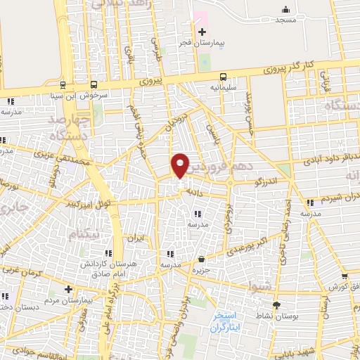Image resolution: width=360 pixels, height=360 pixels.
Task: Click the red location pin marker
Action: pos(181,165)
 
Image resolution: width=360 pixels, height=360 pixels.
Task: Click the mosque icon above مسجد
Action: pos(285,9)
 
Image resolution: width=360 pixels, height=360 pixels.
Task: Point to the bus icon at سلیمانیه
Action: pos(223,77)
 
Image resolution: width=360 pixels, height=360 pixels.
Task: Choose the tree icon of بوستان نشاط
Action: pos(276,306)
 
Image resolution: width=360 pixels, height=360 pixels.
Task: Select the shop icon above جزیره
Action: pos(202,259)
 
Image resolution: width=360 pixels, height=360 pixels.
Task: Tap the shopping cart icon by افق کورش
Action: pos(345,276)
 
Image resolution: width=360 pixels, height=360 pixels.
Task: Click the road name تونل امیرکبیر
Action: pos(94,205)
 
